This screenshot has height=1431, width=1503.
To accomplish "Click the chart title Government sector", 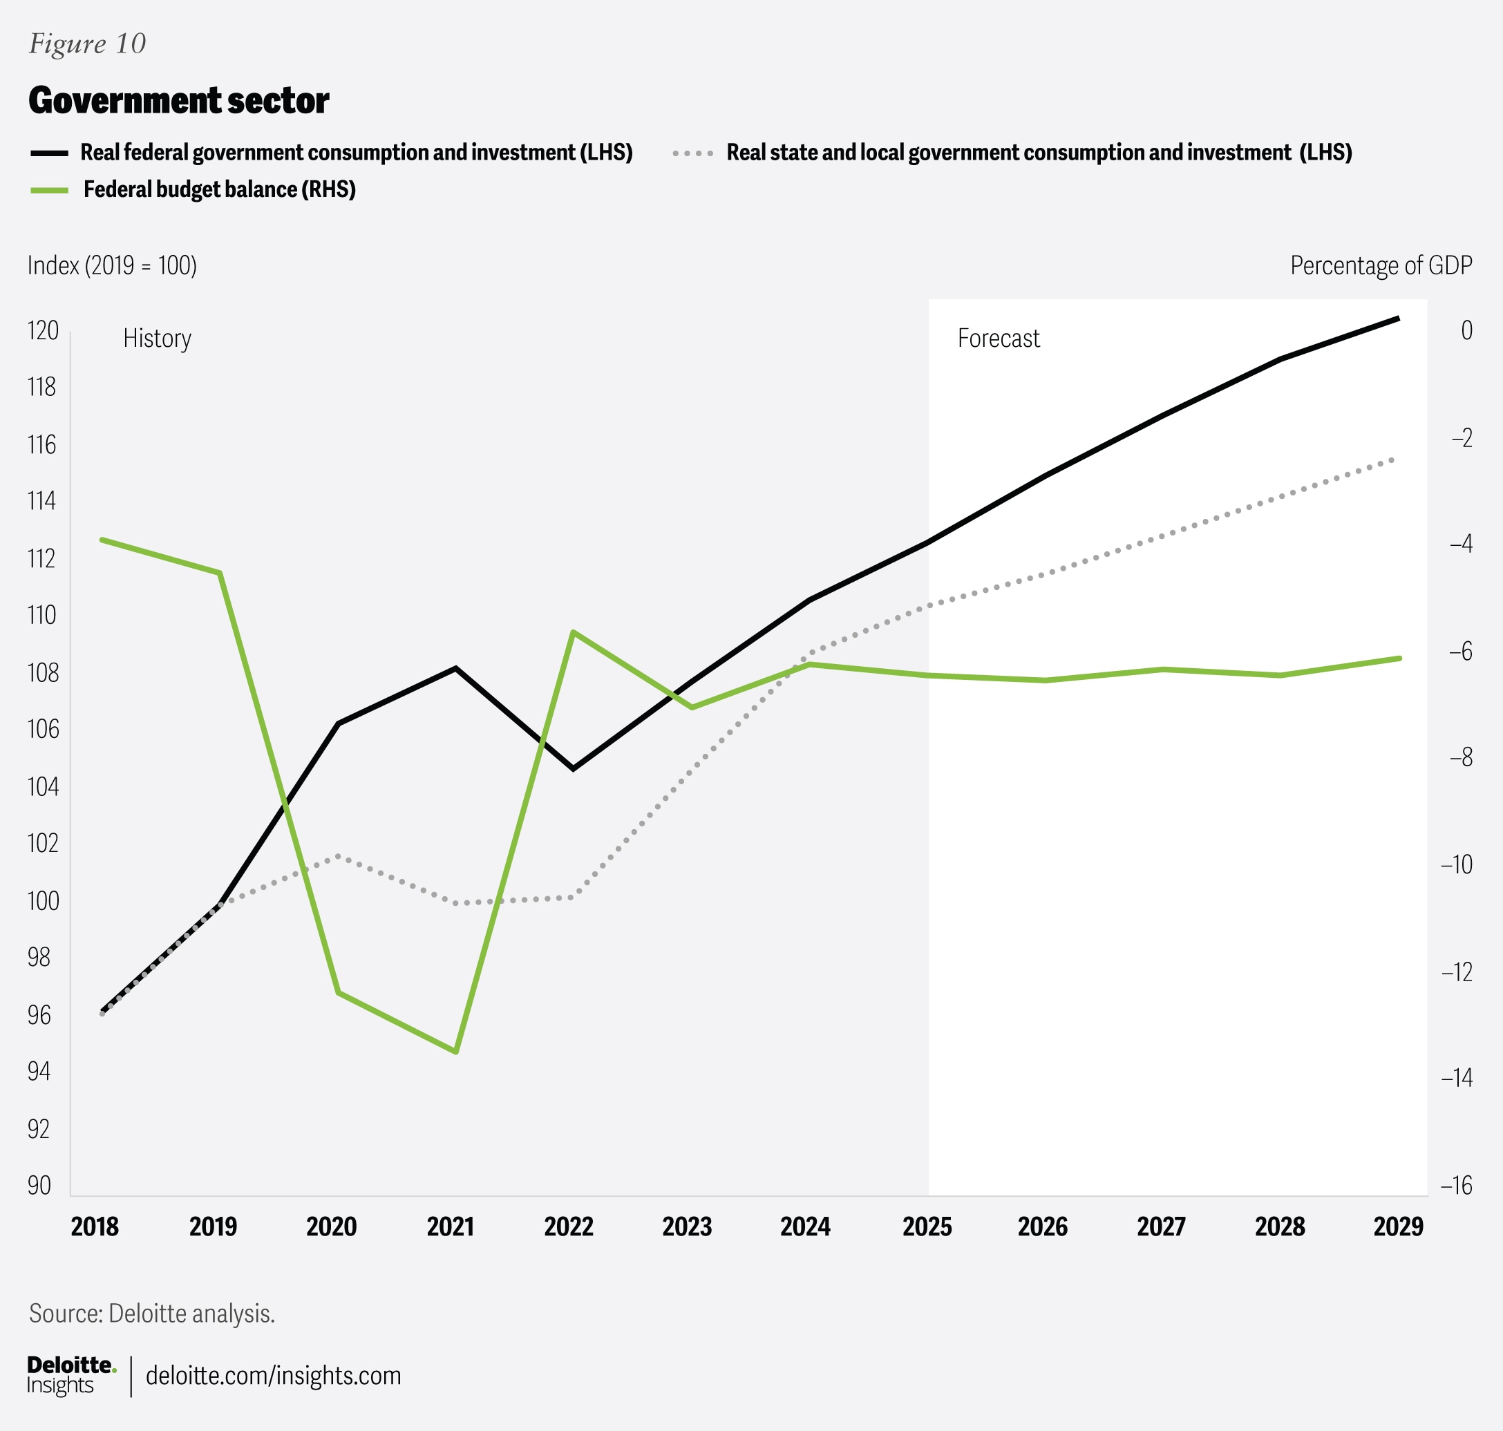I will [178, 101].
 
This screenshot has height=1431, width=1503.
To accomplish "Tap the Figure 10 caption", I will [87, 44].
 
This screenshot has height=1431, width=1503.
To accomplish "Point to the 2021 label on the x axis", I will [450, 1226].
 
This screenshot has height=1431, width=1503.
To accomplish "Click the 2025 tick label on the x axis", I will [927, 1226].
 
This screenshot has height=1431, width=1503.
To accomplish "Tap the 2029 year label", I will [1398, 1226].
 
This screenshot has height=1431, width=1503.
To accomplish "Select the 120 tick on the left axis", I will [43, 330].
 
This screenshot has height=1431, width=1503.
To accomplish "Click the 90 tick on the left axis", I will [39, 1184].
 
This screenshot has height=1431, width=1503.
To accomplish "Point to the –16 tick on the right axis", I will [1456, 1184].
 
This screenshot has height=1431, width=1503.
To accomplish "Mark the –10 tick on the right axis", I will [1456, 864].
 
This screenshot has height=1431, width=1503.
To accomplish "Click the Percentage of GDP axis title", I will [1381, 265].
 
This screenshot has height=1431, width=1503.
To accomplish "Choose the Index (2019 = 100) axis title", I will [112, 265].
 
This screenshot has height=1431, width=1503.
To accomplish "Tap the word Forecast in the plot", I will [998, 338].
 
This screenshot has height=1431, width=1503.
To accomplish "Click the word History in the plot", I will [157, 338].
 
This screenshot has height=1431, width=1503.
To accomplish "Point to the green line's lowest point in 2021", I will [456, 1052].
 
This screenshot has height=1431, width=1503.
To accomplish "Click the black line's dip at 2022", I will [574, 768].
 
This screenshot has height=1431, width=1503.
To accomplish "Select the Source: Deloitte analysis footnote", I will [152, 1313].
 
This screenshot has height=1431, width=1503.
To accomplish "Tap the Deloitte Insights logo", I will [71, 1375].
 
